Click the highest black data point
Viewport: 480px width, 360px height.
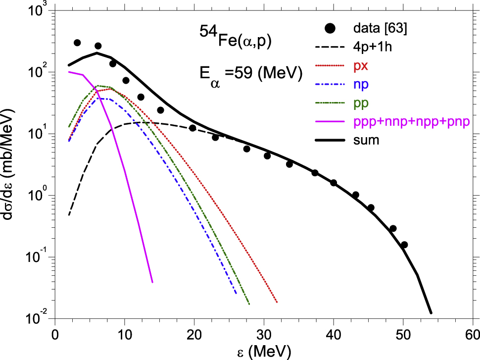pyautogui.click(x=77, y=43)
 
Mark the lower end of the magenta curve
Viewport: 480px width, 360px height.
pyautogui.click(x=152, y=282)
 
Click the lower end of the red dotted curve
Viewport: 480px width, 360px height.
pyautogui.click(x=277, y=302)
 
